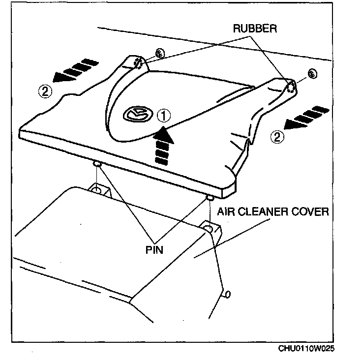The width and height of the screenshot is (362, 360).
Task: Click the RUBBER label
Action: click(255, 29)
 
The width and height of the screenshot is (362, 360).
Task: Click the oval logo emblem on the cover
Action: click(136, 114)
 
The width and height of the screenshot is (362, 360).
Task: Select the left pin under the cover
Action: click(97, 164)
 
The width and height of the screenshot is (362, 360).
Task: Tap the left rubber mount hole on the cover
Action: click(138, 62)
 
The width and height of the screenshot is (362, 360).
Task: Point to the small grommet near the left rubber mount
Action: click(159, 54)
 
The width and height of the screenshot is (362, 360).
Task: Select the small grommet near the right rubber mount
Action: click(311, 73)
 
